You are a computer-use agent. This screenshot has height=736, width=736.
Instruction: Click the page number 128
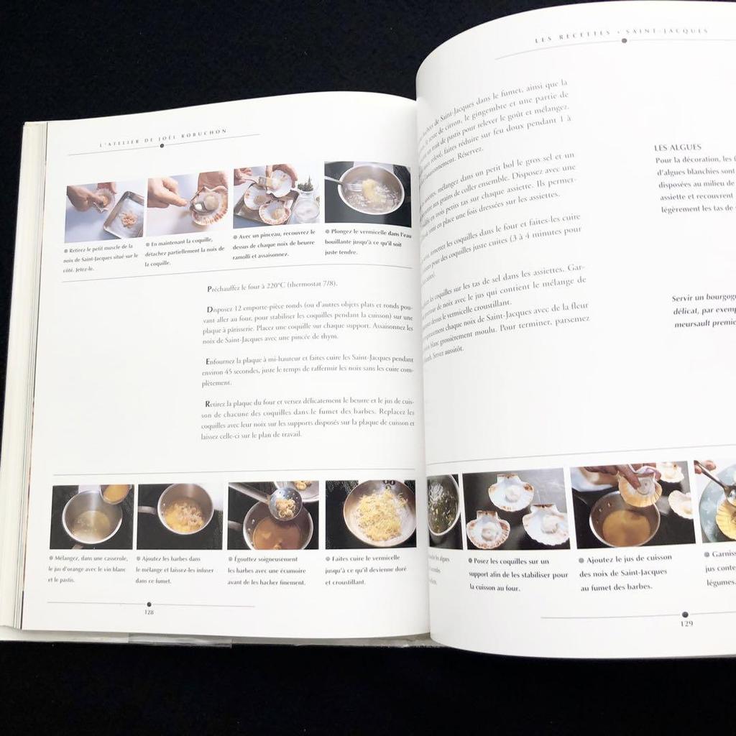point(149,612)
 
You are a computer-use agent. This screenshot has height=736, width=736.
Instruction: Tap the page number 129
point(686,623)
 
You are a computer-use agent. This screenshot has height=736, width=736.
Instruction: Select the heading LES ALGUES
point(678,147)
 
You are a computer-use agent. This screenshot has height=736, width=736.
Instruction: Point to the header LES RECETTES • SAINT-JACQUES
point(622,32)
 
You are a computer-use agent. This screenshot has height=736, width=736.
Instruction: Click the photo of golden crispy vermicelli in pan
point(370,515)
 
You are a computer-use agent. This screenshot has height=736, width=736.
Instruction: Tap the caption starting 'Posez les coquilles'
point(517,574)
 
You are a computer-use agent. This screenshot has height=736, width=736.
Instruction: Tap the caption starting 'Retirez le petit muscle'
point(101,257)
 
